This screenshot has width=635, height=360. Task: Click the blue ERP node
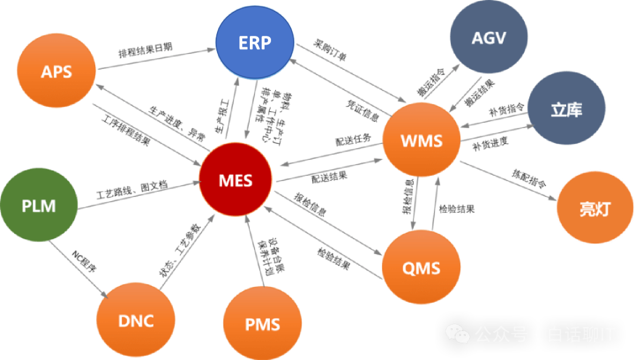pos(255,43)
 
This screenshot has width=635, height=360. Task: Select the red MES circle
pos(236,179)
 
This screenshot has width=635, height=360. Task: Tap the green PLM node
pos(39,206)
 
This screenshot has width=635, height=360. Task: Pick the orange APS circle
pos(56,72)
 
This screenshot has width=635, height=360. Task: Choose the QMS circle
pos(421,269)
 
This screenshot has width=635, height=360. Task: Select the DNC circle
pos(136,321)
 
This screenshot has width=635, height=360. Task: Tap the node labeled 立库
pos(566,110)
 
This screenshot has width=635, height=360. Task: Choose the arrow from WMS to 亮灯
pos(508,180)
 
